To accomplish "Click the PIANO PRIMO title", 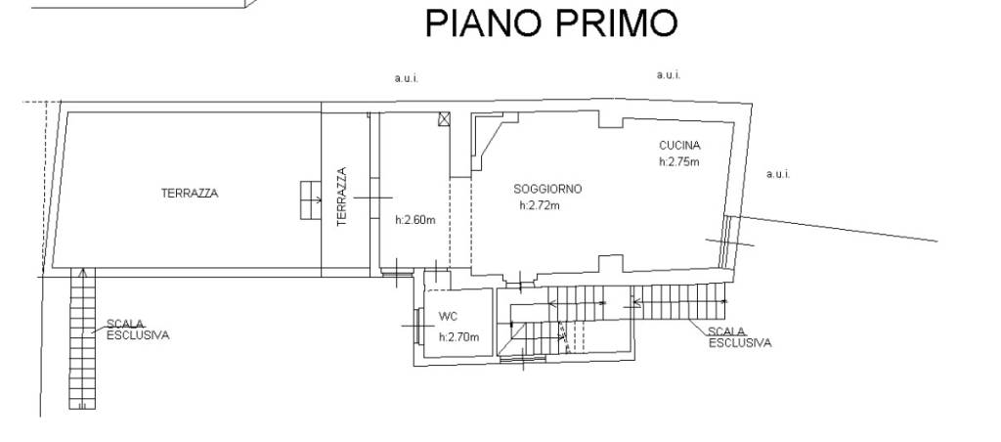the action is click(551, 23).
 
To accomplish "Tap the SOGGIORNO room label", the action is click(547, 189).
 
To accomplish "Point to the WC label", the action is click(449, 316).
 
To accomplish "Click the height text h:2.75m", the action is click(679, 161).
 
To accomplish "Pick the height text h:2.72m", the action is click(540, 205).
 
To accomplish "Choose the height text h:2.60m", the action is click(415, 220).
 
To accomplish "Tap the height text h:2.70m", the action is click(459, 336).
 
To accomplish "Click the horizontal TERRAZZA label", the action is click(190, 193).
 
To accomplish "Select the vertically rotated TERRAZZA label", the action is click(341, 197).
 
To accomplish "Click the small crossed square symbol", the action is click(445, 118).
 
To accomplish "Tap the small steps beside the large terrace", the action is click(311, 199).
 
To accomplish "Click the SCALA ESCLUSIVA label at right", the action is click(740, 337).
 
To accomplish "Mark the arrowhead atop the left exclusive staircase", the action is click(82, 273).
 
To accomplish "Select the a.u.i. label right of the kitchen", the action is click(778, 174).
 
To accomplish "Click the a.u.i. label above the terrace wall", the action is click(406, 78).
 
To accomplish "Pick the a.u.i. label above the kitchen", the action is click(669, 74).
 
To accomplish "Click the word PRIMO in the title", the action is click(616, 23).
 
